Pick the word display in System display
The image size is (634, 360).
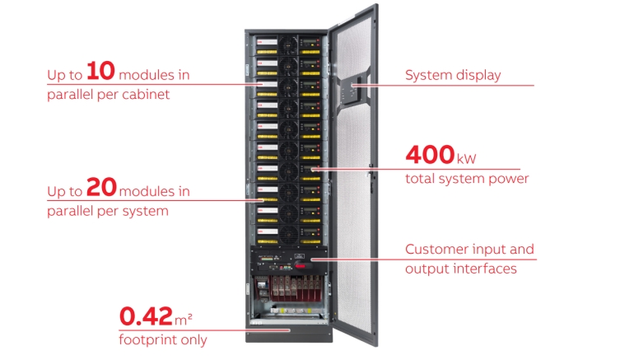point(478,76)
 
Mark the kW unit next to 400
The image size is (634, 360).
point(467,157)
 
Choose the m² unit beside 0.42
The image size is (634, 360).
point(186,317)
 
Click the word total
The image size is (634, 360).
point(419,178)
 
